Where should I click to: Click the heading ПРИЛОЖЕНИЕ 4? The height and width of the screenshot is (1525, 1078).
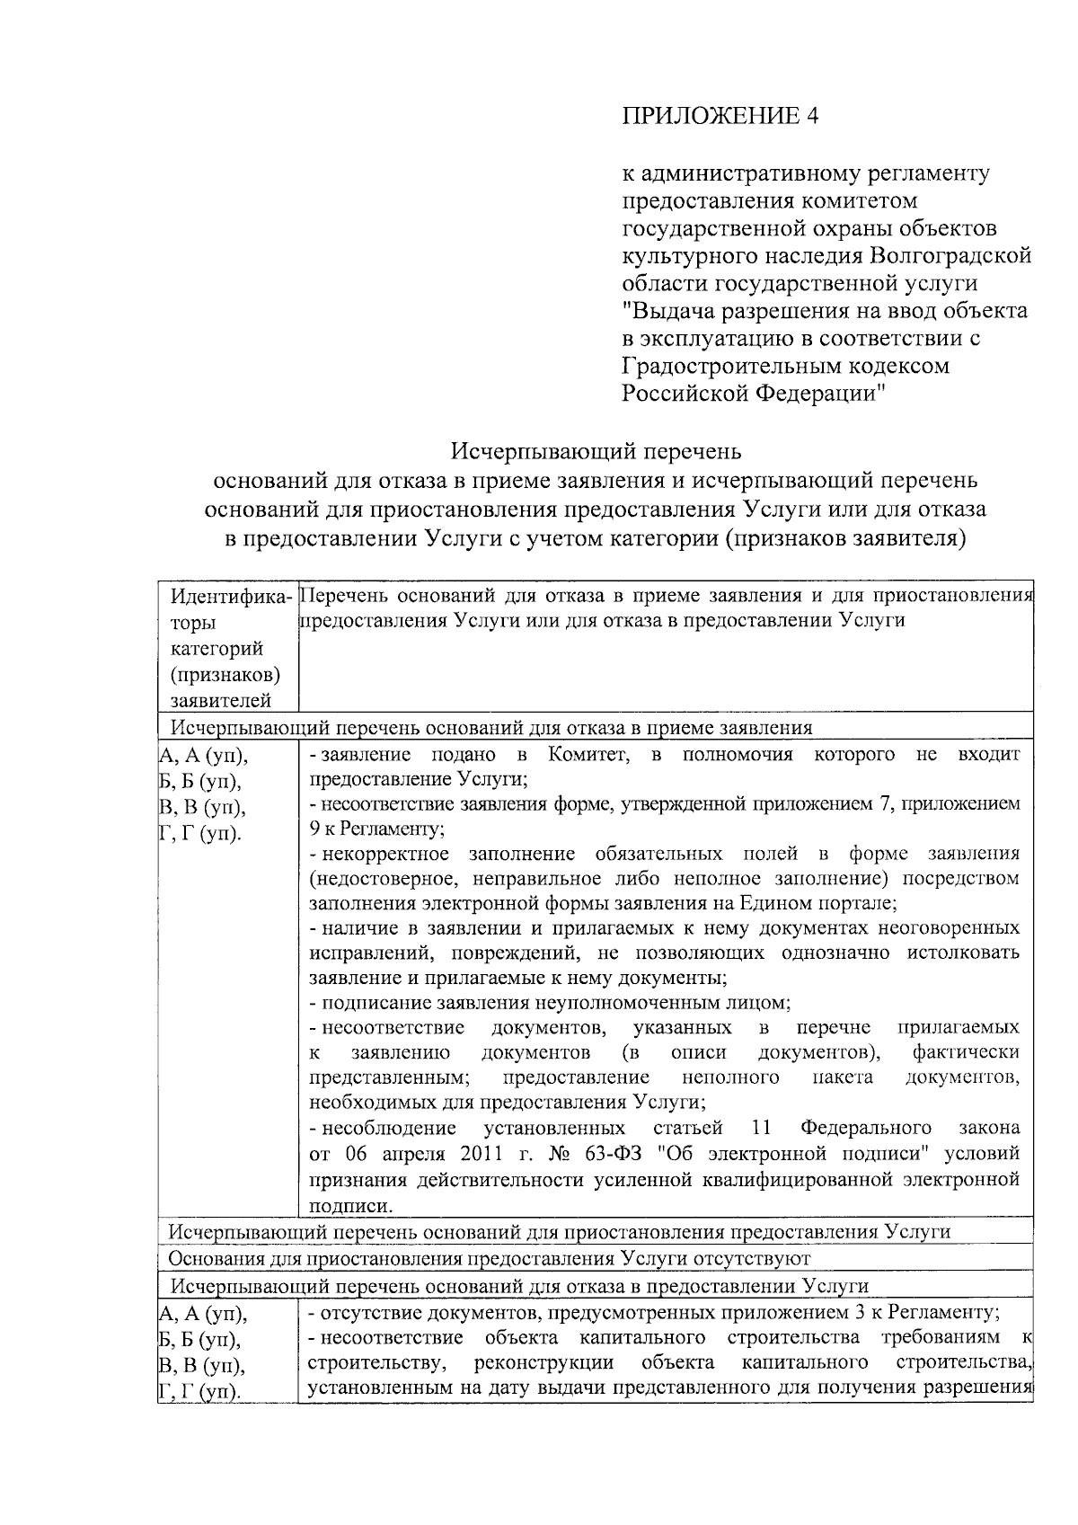pos(721,116)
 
